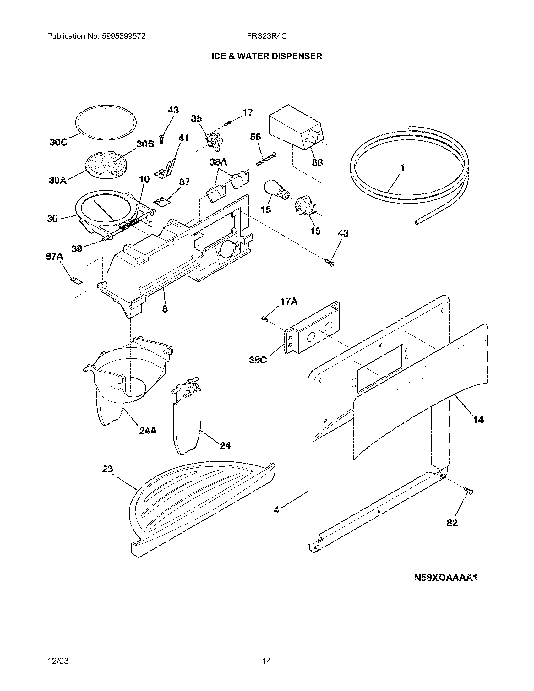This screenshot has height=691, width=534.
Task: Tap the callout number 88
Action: coord(317,163)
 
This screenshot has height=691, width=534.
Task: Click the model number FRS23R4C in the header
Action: coord(267,36)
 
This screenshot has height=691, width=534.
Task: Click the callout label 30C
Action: coord(58,142)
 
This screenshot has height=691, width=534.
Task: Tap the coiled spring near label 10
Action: coord(130,225)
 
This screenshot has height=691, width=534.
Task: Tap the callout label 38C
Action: coord(258,360)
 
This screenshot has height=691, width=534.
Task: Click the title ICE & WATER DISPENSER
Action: coord(267,56)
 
